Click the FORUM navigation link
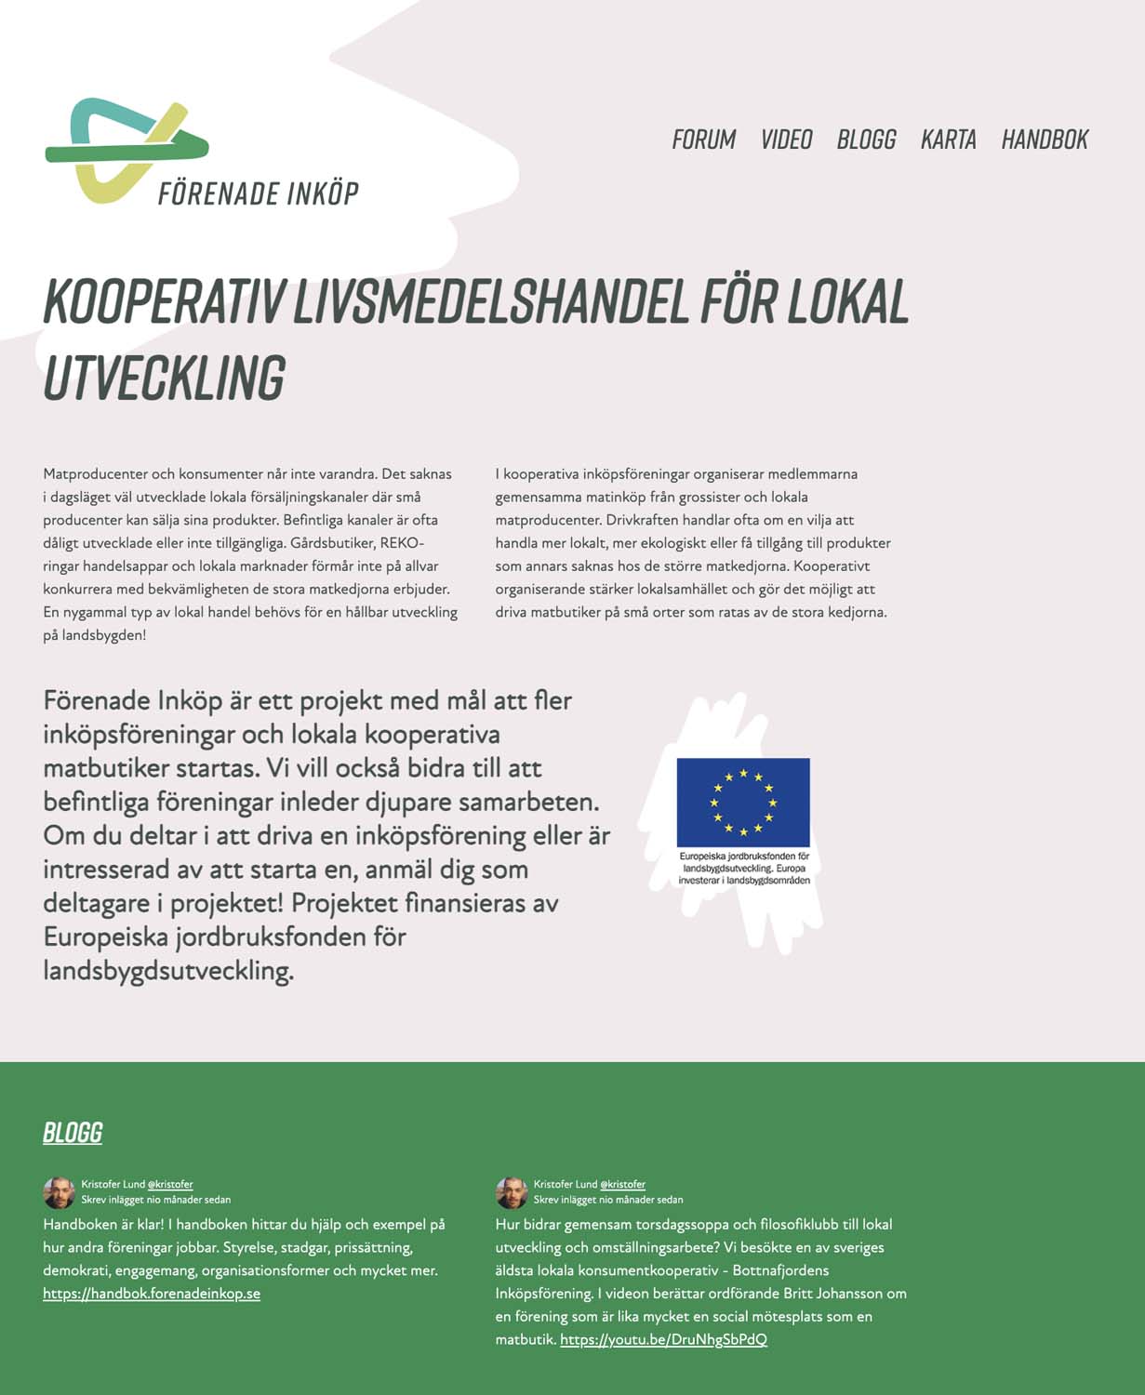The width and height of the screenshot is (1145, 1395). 703,139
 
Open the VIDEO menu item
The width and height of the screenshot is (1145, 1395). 786,139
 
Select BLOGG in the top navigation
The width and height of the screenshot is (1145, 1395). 866,139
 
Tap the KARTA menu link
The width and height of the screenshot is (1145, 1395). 948,139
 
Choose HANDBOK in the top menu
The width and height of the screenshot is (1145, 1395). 1045,139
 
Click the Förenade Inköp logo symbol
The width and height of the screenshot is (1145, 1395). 126,149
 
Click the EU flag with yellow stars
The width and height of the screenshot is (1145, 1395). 743,802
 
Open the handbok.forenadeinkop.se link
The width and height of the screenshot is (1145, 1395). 152,1294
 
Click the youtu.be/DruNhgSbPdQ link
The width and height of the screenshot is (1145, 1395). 663,1340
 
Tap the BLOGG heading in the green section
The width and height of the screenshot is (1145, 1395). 73,1133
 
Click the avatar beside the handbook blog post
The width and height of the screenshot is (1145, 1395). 59,1192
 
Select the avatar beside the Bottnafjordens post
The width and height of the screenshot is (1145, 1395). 511,1192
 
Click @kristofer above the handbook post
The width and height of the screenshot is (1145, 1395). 170,1185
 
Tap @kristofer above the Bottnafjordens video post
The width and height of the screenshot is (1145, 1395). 622,1185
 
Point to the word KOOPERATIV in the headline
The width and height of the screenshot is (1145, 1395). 164,301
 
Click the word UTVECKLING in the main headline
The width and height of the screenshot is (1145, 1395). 164,378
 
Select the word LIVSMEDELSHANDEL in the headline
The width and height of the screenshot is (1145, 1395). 491,301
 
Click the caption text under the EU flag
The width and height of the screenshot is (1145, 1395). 744,868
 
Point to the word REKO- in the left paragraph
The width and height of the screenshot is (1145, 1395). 402,543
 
